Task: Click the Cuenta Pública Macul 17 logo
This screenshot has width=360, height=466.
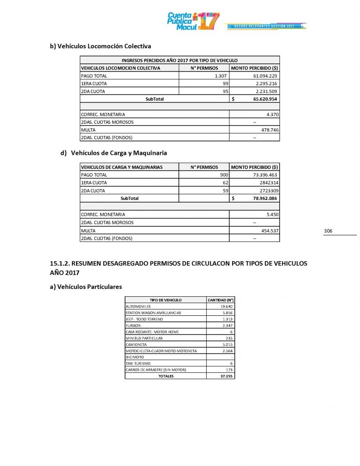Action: pos(193,21)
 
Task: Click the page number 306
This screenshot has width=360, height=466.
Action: pos(328,231)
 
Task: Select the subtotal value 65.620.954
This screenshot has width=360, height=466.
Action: pos(261,99)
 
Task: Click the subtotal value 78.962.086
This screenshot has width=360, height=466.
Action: pos(261,198)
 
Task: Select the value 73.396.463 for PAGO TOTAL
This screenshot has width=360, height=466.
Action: pos(264,175)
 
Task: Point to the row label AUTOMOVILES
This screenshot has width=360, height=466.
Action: pos(138,307)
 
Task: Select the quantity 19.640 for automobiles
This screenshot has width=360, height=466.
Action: pos(226,307)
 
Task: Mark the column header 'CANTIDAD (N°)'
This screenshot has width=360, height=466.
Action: pos(220,300)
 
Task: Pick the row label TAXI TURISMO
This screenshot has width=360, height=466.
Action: pos(138,364)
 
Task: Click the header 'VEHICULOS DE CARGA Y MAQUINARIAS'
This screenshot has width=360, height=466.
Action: pos(122,167)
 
